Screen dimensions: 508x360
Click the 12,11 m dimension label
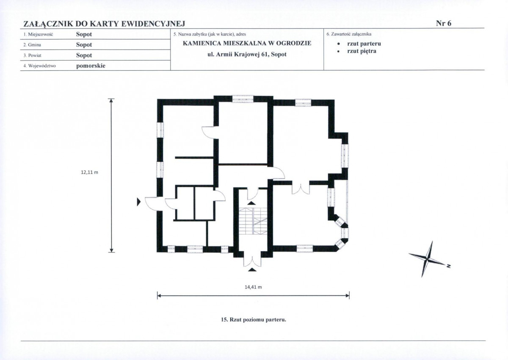(x=90, y=172)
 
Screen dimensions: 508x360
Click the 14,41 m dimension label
(x=253, y=287)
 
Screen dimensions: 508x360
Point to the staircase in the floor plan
(x=253, y=221)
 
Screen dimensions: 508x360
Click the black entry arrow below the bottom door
(x=252, y=269)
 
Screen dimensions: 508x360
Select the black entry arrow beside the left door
(x=139, y=202)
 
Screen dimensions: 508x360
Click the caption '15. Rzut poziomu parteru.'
(x=253, y=320)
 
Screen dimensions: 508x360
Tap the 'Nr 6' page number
(x=444, y=23)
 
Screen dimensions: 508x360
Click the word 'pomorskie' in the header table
(x=91, y=66)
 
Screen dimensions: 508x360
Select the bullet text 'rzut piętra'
(x=362, y=51)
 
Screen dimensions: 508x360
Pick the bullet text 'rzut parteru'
(x=364, y=44)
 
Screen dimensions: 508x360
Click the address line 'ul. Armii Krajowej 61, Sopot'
(x=247, y=55)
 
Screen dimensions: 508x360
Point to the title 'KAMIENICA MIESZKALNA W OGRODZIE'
(x=247, y=43)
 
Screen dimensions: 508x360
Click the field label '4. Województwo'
(x=40, y=66)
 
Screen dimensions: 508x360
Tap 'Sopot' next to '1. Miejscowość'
(x=84, y=34)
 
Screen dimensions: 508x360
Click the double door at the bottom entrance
(x=252, y=261)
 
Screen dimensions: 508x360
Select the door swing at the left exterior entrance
(x=151, y=204)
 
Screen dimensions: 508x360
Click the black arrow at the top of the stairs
(x=251, y=203)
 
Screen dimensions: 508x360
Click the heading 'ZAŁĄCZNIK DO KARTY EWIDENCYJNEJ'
(x=104, y=24)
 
